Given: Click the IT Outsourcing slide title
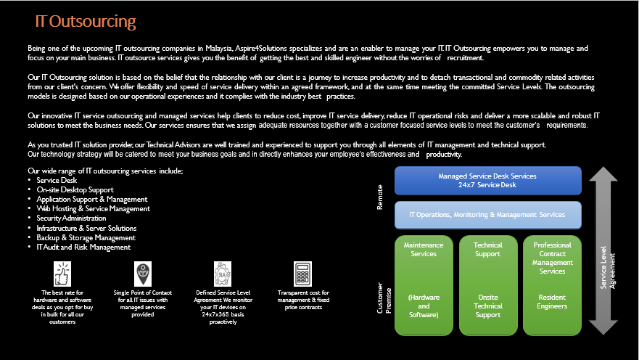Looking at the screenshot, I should (86, 21).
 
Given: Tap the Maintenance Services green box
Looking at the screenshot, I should (424, 285).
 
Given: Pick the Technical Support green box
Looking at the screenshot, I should (487, 285).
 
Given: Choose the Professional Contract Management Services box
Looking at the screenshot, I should (552, 285).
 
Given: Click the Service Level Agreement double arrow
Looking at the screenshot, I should (603, 250).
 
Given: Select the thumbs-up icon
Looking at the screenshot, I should (62, 274).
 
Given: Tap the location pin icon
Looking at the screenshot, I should (143, 274).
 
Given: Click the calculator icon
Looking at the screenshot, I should (302, 274).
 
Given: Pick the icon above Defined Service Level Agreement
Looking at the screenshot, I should (222, 274).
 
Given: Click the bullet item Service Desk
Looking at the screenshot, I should (57, 180).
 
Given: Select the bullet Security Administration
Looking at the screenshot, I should (71, 218).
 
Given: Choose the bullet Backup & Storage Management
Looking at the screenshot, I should (86, 237).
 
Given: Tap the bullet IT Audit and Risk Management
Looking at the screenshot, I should (83, 247).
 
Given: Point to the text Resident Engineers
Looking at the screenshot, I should (552, 301).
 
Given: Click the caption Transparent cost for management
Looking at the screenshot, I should (302, 296).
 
